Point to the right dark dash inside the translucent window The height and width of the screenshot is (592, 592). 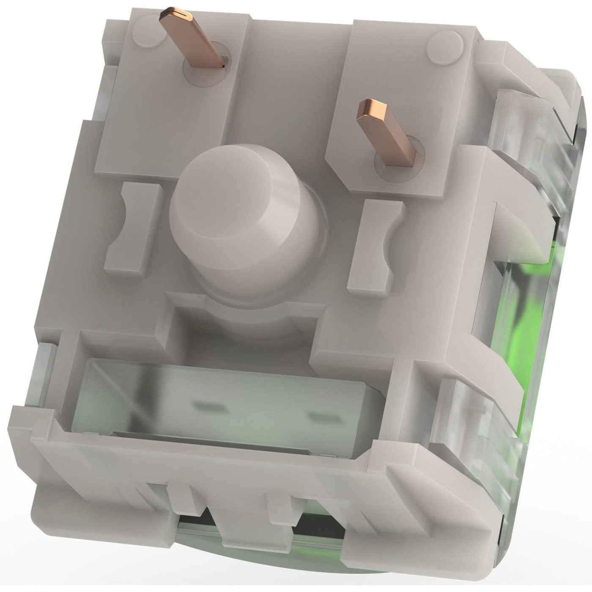[322, 419]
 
